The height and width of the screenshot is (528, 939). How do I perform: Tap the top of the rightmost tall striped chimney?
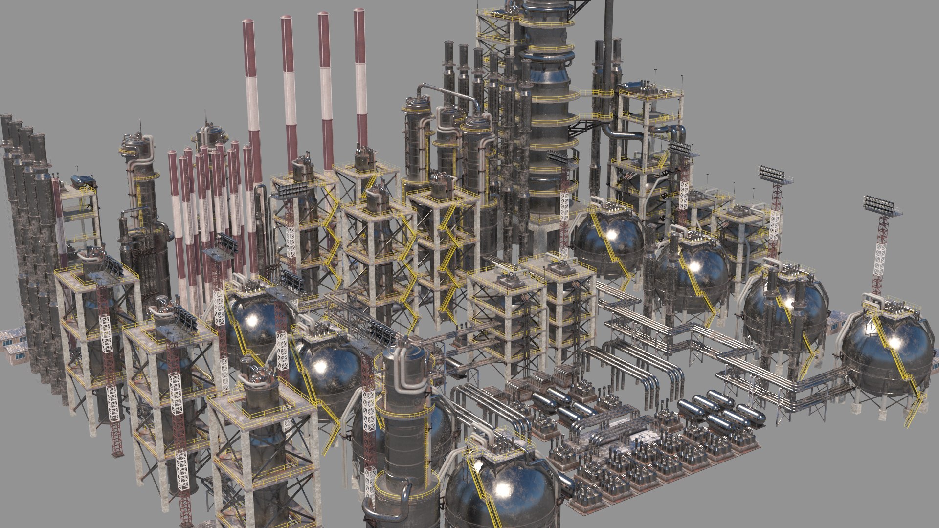(359, 12)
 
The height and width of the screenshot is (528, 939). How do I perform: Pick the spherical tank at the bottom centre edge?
(501, 494)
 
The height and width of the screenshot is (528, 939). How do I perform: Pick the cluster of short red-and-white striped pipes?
(210, 205)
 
